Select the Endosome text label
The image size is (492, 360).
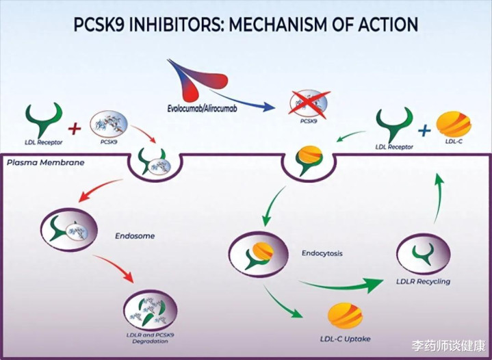[x=135, y=236]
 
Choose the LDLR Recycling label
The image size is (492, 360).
[x=424, y=281]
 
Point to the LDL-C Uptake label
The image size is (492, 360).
[x=345, y=339]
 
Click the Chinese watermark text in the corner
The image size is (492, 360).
[x=449, y=346]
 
